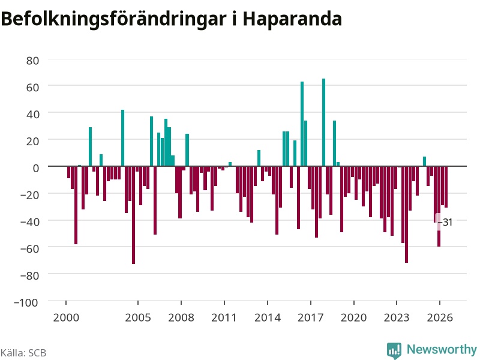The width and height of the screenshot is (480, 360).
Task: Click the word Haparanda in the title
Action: pyautogui.click(x=292, y=19)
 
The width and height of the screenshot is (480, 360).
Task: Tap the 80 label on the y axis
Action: pyautogui.click(x=32, y=61)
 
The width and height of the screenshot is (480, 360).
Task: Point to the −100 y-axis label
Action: pyautogui.click(x=26, y=302)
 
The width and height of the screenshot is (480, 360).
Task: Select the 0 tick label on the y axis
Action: pyautogui.click(x=36, y=168)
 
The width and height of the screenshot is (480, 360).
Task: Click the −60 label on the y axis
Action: pyautogui.click(x=29, y=248)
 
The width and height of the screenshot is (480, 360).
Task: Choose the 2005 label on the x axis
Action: pyautogui.click(x=138, y=317)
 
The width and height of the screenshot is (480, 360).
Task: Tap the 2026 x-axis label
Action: pyautogui.click(x=440, y=317)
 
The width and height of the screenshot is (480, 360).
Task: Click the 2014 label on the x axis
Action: pyautogui.click(x=267, y=317)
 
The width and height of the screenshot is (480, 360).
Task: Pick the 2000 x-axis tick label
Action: pyautogui.click(x=66, y=317)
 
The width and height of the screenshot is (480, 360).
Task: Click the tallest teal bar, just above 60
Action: pyautogui.click(x=323, y=122)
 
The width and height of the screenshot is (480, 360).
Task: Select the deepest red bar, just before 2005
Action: pyautogui.click(x=133, y=215)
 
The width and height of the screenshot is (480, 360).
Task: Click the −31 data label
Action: pyautogui.click(x=446, y=222)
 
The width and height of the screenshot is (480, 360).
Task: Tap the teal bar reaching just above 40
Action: pyautogui.click(x=123, y=138)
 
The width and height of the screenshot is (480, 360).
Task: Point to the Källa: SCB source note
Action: pyautogui.click(x=23, y=353)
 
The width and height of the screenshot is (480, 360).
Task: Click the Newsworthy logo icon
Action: pyautogui.click(x=394, y=350)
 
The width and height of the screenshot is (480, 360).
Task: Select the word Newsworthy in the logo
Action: pyautogui.click(x=442, y=349)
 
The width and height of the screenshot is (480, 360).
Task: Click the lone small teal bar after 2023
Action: pyautogui.click(x=424, y=161)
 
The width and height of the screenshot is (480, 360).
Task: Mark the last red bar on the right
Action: pyautogui.click(x=446, y=187)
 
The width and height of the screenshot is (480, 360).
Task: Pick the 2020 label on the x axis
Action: pyautogui.click(x=353, y=317)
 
